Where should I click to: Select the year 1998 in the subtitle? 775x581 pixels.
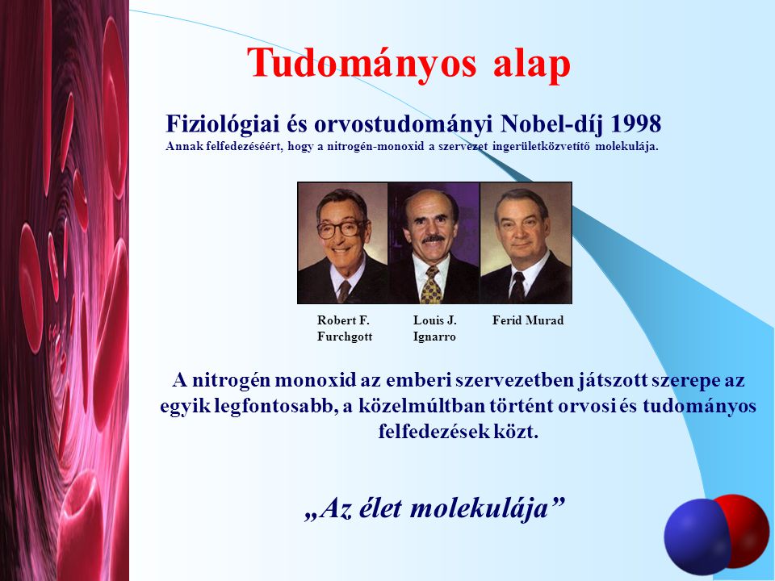(x=636, y=123)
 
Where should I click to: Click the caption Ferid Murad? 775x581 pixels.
(x=528, y=320)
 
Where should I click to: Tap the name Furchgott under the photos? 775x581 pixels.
(x=345, y=337)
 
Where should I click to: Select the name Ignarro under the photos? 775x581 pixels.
(x=434, y=337)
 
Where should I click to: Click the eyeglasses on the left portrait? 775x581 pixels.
(x=341, y=228)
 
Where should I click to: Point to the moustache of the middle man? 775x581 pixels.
(x=434, y=239)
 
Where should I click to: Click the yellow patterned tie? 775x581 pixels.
(x=431, y=285)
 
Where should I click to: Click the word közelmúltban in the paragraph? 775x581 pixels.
(x=421, y=406)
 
